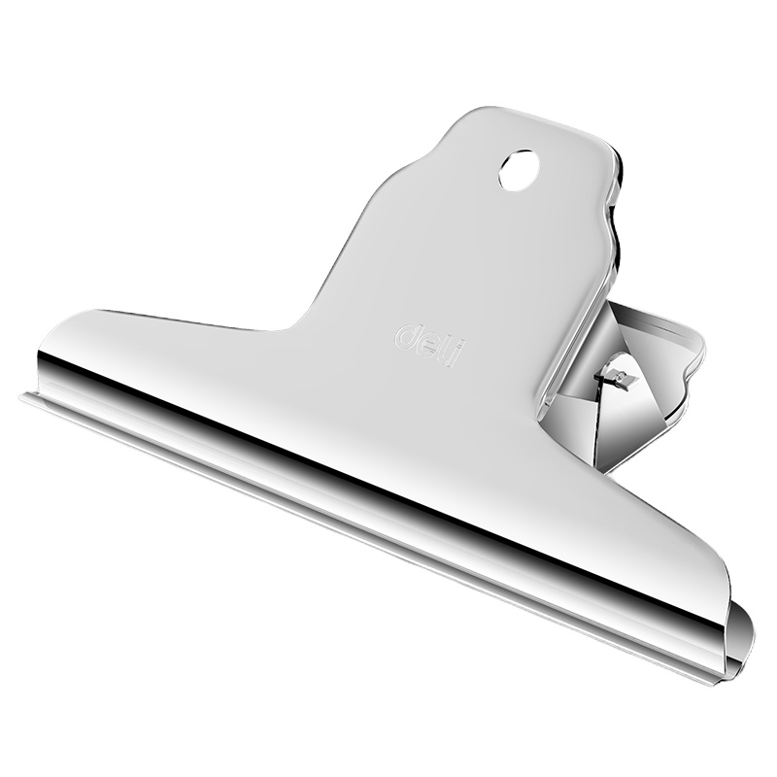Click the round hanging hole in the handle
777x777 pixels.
pos(519,170)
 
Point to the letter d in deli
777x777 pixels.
pos(408,334)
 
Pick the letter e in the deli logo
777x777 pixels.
pos(430,345)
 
